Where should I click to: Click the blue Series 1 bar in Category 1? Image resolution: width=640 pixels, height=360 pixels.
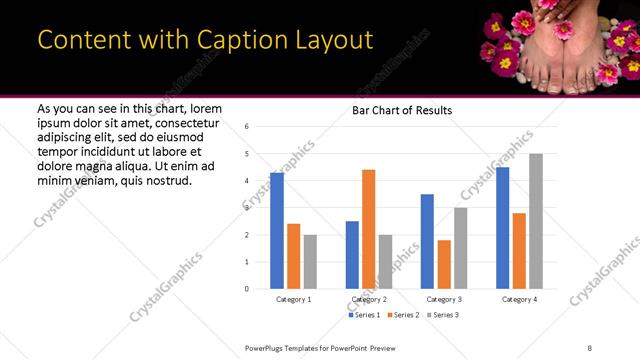(x=277, y=231)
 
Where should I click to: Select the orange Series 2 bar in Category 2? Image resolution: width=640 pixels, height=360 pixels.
(x=368, y=229)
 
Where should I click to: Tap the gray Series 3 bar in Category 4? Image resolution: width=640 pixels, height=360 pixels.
(x=536, y=221)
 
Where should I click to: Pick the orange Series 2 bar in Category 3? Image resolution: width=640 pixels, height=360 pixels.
(x=444, y=264)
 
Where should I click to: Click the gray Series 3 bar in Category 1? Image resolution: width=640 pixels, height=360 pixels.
(x=310, y=262)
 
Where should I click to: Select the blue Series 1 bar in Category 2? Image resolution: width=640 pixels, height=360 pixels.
(x=352, y=255)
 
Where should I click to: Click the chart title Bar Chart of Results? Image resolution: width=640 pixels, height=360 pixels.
(x=403, y=110)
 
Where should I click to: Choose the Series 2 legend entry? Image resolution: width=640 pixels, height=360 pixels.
(x=403, y=315)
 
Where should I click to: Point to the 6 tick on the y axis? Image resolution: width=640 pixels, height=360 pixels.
(x=246, y=127)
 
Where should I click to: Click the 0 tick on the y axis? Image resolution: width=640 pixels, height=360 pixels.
(x=246, y=289)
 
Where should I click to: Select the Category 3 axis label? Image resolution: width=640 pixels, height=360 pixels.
(x=444, y=299)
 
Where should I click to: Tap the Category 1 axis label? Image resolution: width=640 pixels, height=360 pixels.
(x=293, y=299)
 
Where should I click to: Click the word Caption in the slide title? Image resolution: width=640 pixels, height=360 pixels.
(x=215, y=40)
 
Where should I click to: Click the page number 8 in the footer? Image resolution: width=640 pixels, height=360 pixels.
(x=590, y=346)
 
